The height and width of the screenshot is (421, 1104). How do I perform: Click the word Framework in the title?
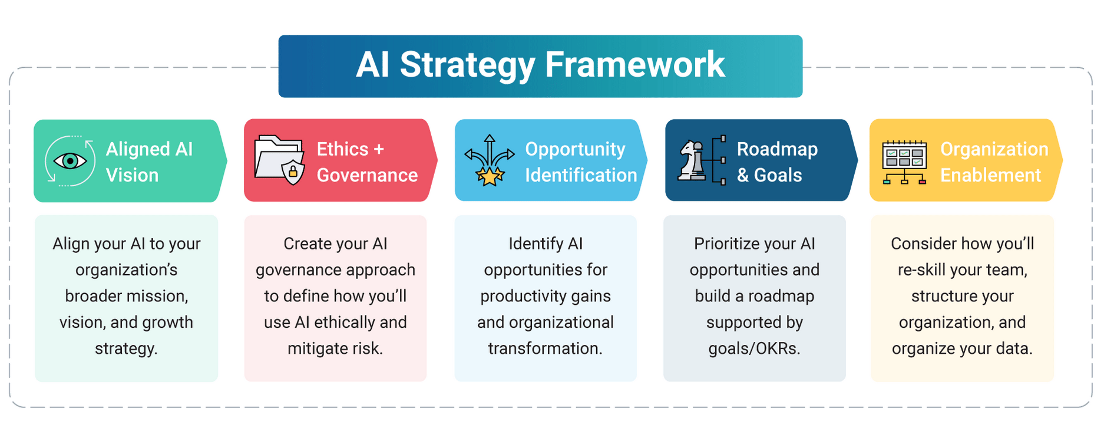tap(634, 65)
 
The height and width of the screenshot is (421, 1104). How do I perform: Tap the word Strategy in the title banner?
tap(467, 65)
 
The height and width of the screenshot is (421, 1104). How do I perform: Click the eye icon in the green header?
tap(70, 161)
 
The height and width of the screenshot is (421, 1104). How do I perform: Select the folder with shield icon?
tap(279, 160)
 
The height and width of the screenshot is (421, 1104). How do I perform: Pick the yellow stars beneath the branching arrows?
tap(490, 176)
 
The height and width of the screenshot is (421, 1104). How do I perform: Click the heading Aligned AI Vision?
tap(148, 162)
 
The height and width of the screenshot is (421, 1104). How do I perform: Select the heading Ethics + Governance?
tap(366, 162)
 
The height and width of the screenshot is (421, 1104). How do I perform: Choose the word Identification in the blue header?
tap(580, 175)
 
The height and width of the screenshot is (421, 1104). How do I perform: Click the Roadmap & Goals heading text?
tap(776, 162)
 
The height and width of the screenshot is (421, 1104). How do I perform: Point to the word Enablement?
tap(990, 175)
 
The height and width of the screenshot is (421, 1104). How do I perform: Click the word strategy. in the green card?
tap(126, 348)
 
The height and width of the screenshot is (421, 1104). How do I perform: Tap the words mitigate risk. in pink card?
tap(335, 348)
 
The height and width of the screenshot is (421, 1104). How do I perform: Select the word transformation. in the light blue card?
tap(545, 348)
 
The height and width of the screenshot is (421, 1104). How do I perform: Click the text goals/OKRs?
tap(754, 348)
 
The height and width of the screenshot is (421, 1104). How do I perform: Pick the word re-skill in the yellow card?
tap(921, 270)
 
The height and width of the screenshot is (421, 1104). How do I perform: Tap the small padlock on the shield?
tap(293, 173)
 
